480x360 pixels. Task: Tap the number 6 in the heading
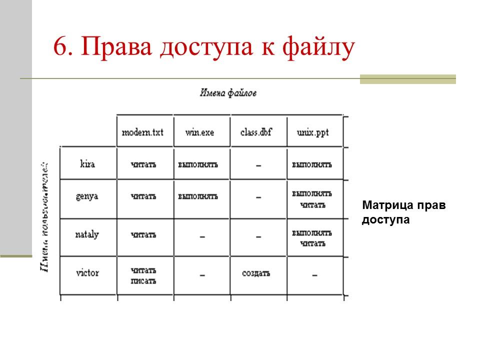tap(59, 48)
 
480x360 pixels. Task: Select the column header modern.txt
tap(142, 133)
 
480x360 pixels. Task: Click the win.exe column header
tap(200, 133)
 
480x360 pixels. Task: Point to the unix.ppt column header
tap(313, 133)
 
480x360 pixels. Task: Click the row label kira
tap(87, 164)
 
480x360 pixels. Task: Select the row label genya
tap(87, 196)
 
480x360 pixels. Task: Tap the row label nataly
tap(87, 234)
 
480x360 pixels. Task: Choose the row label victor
tap(87, 273)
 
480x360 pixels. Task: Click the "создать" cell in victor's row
tap(256, 273)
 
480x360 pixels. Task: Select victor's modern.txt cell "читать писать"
tap(143, 275)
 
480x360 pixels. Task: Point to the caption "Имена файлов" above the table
tap(228, 93)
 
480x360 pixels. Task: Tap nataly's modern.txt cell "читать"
tap(143, 235)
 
